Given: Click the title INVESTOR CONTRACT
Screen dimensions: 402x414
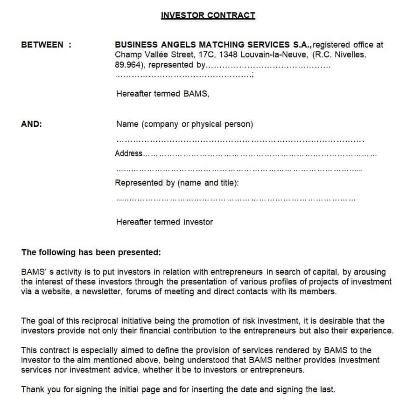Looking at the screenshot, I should [x=208, y=15].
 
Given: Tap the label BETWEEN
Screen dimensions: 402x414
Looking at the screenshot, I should [x=42, y=45].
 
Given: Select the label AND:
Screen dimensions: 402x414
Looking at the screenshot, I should [x=32, y=124].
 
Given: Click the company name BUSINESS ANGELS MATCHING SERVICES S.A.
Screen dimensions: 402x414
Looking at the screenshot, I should [x=213, y=45].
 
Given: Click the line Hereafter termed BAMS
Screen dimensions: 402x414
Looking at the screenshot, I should [x=162, y=94].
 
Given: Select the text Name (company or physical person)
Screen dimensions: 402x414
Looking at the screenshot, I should [x=184, y=124].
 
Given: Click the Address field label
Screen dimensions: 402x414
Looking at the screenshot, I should [x=128, y=153].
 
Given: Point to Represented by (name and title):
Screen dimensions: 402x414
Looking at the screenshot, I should [x=177, y=183].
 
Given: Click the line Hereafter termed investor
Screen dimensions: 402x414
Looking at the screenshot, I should [x=164, y=222].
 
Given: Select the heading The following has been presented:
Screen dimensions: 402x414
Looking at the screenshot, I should [x=91, y=252].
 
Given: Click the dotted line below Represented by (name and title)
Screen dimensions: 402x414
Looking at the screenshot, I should [x=236, y=200].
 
